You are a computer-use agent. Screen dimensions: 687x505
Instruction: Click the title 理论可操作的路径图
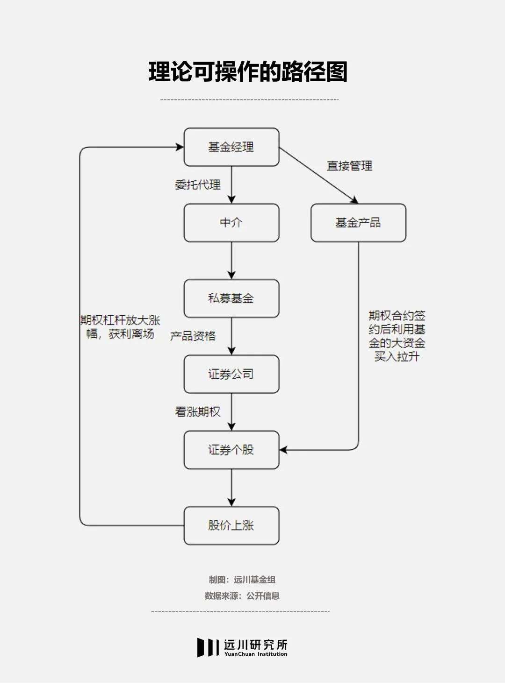248,72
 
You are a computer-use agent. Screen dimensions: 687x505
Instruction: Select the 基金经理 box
231,147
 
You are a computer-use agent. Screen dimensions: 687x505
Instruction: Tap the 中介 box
231,223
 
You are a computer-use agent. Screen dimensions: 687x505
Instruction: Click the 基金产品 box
358,223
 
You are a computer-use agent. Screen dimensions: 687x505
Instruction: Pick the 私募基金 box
231,298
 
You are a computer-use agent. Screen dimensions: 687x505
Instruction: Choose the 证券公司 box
231,374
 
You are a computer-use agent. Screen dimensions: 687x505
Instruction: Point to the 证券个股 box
231,450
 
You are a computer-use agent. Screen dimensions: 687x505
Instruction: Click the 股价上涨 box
231,525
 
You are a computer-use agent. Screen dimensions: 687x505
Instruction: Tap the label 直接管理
349,166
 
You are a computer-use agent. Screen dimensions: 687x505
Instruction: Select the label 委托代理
198,185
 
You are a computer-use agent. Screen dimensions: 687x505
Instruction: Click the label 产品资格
193,336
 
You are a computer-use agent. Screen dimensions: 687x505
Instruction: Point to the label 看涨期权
198,412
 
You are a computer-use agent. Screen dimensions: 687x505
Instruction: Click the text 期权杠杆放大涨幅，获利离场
120,327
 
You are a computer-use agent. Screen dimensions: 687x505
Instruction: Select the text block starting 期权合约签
397,336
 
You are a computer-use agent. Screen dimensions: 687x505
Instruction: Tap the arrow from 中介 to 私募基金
231,261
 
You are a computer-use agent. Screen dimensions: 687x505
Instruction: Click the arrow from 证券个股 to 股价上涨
231,488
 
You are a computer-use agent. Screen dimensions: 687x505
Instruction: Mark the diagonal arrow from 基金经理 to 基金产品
318,175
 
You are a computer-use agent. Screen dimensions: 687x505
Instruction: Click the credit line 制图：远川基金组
242,580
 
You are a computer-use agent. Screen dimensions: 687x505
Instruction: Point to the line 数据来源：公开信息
242,595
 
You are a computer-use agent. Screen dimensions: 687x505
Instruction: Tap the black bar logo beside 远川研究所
208,647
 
